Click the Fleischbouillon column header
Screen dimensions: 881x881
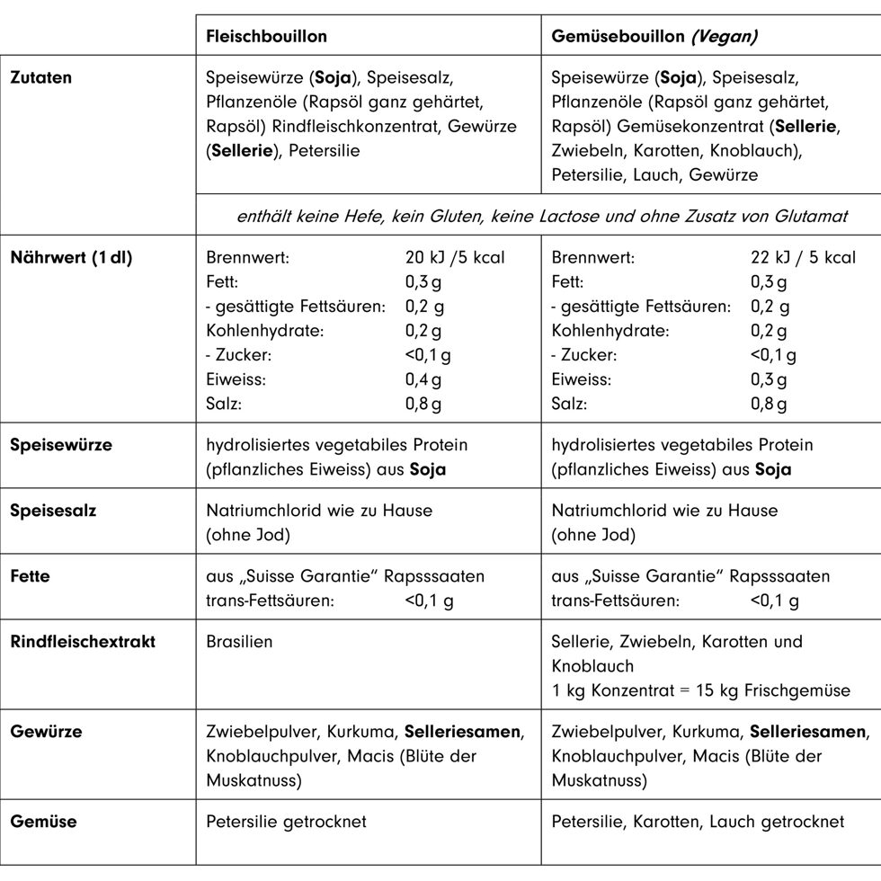266,37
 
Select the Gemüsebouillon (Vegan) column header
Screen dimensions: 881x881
654,37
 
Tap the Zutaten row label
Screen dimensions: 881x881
40,77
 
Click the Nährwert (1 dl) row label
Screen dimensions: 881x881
71,258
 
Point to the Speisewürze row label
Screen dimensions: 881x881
61,445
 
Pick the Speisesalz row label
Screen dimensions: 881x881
53,511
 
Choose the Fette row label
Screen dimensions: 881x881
30,576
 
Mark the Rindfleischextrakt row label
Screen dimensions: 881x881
83,642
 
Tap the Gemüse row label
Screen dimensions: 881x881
43,821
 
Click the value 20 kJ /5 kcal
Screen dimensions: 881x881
455,258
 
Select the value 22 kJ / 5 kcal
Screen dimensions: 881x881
803,258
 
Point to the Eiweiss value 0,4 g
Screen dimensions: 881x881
423,379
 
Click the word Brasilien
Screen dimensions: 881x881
239,642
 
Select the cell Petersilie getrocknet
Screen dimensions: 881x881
286,822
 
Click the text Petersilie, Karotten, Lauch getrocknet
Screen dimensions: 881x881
698,822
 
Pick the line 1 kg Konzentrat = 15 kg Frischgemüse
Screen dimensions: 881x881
700,691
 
